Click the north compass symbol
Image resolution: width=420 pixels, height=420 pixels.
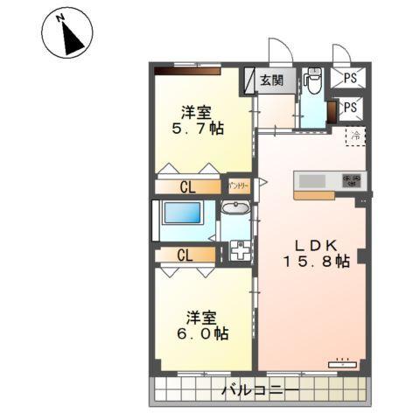click(x=66, y=37)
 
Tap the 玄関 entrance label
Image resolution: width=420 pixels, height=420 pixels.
click(x=271, y=80)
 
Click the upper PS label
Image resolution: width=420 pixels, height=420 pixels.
click(x=350, y=79)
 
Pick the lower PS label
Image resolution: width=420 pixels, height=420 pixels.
click(x=350, y=108)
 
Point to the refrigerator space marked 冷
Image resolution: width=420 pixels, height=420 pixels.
click(x=355, y=136)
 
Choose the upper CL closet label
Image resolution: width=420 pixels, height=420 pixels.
click(x=188, y=186)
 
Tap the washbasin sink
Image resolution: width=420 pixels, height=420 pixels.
click(x=234, y=208)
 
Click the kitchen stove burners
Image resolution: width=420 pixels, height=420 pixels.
click(x=353, y=180)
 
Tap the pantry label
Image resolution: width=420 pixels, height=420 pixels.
click(x=238, y=185)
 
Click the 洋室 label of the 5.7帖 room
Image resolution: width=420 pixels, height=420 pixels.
click(x=196, y=111)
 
